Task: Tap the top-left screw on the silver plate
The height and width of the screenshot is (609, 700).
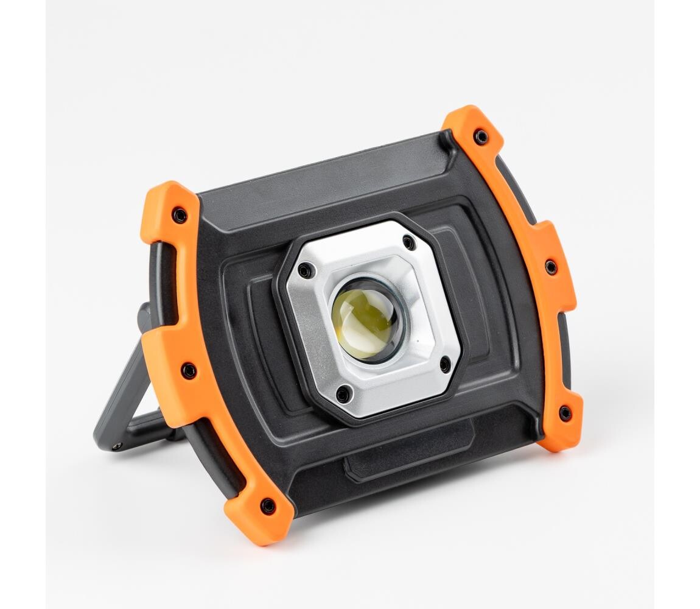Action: pyautogui.click(x=303, y=270)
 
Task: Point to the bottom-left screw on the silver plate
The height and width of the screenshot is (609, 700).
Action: pyautogui.click(x=343, y=394)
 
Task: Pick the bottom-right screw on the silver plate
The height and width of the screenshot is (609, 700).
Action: pyautogui.click(x=445, y=365)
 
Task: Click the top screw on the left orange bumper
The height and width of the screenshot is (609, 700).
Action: pyautogui.click(x=180, y=215)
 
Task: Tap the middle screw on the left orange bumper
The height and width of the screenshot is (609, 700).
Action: pyautogui.click(x=189, y=370)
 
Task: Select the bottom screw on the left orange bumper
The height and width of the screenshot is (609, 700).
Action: pyautogui.click(x=267, y=505)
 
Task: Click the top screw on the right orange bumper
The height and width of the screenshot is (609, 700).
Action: pyautogui.click(x=481, y=137)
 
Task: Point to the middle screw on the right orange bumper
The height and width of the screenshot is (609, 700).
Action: pyautogui.click(x=550, y=267)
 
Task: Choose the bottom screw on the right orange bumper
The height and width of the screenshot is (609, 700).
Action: pyautogui.click(x=565, y=413)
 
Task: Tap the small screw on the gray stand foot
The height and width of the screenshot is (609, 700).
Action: pyautogui.click(x=116, y=446)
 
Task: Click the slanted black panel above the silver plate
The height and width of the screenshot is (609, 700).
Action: pyautogui.click(x=329, y=189)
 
